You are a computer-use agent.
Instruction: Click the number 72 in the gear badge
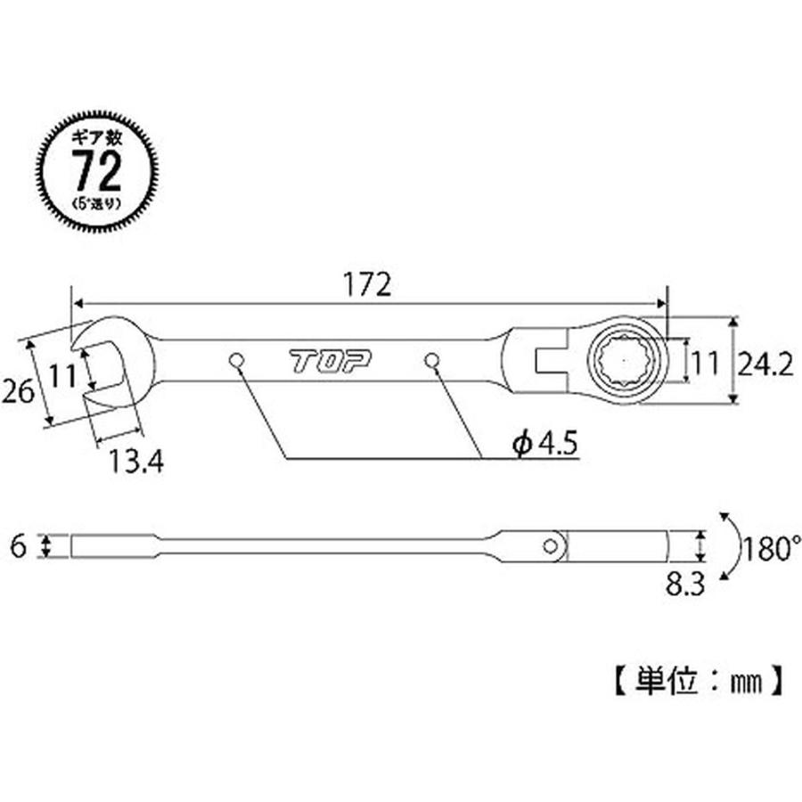[98, 173]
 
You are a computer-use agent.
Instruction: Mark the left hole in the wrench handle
[236, 360]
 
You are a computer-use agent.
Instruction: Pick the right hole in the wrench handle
[433, 360]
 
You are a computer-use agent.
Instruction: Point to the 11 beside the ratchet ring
[705, 363]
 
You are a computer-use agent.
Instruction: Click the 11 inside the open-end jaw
[61, 376]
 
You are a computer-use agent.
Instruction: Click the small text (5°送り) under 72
[98, 203]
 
